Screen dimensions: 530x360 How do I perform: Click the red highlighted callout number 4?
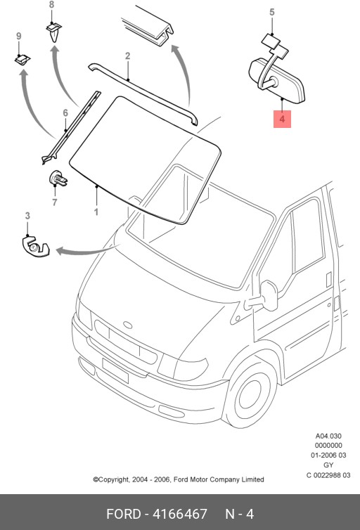(x=281, y=120)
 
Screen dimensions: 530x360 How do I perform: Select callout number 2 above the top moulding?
(x=128, y=56)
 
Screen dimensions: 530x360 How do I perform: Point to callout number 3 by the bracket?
(x=27, y=216)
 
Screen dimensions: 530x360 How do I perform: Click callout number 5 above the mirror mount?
(x=272, y=12)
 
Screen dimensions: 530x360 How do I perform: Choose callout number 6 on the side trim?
(x=65, y=112)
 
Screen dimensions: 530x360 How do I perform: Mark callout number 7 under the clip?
(x=53, y=203)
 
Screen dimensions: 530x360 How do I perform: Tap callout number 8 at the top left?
(x=51, y=6)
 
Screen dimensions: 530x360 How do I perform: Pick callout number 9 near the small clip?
(x=19, y=37)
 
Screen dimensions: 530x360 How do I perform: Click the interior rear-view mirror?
(x=276, y=78)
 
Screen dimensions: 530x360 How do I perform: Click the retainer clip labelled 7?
(x=58, y=180)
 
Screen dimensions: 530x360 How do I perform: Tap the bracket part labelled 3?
(x=32, y=247)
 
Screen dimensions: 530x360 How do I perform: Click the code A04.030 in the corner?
(x=328, y=436)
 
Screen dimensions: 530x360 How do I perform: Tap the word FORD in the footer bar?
(x=124, y=514)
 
